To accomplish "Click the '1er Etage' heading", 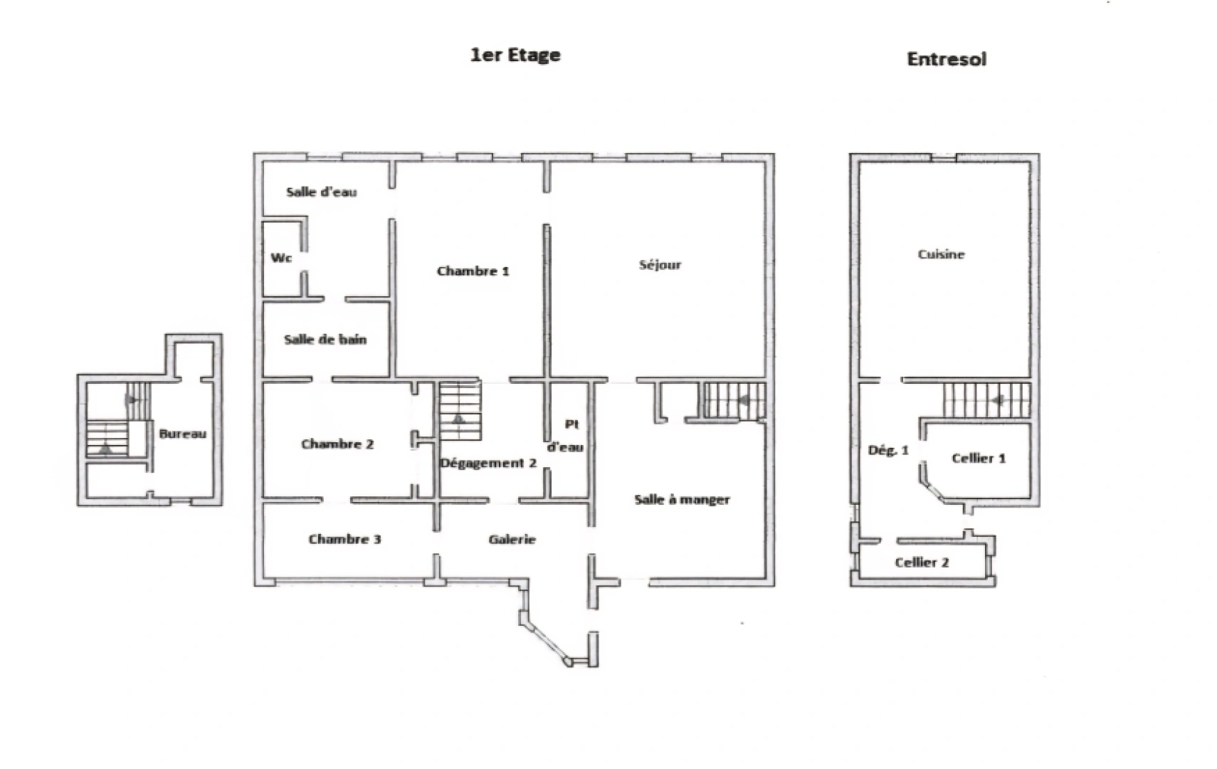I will click(515, 56).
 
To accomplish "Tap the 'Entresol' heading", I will click(946, 59).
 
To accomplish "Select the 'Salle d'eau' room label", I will click(321, 192).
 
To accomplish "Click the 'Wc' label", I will click(281, 258).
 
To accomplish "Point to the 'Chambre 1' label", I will click(473, 271).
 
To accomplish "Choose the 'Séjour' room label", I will click(660, 265).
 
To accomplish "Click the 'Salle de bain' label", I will click(325, 340).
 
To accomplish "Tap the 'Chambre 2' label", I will click(337, 444).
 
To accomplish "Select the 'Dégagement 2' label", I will click(488, 464).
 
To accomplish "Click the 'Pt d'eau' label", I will click(567, 436).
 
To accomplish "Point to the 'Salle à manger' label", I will click(682, 500).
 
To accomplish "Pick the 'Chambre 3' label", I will click(344, 539).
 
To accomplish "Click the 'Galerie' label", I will click(512, 540).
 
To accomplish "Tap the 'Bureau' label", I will click(182, 434).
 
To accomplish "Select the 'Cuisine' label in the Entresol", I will click(941, 254).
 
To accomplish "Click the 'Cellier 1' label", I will click(979, 459).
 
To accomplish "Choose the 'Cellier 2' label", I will click(922, 563).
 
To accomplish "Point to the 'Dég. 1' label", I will click(888, 450).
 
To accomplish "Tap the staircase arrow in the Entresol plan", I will click(999, 400).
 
